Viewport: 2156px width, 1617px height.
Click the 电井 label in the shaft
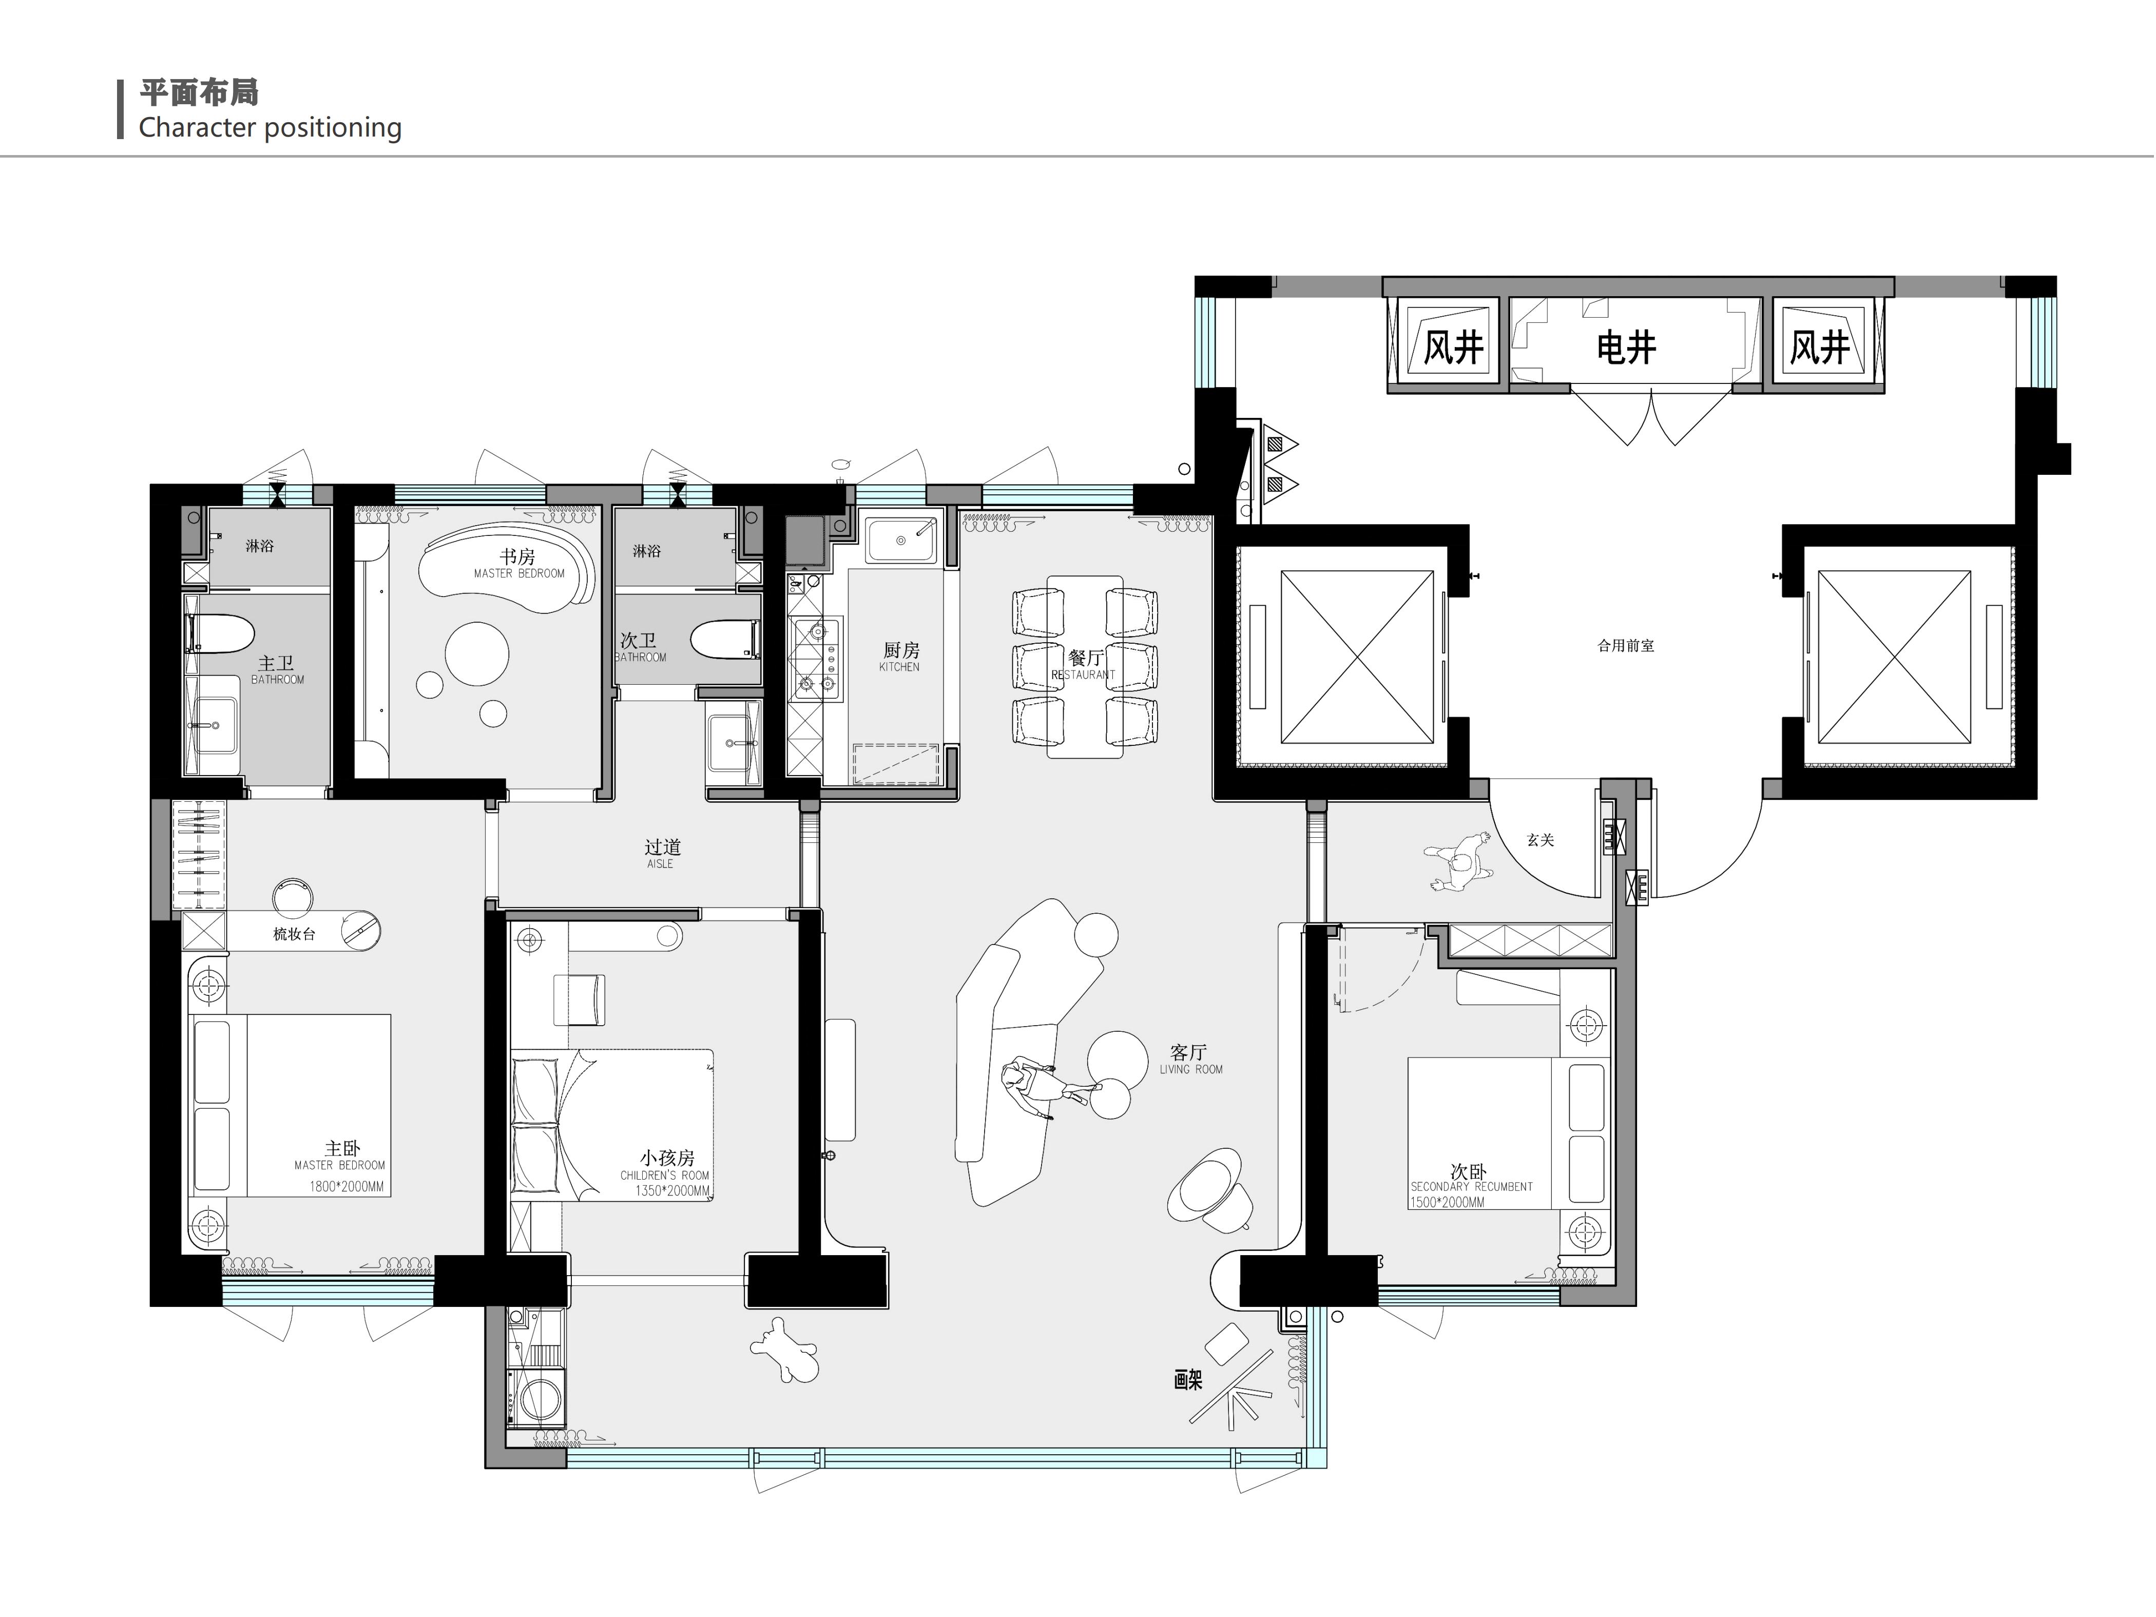1626,347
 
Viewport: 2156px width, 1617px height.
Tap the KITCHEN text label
899,667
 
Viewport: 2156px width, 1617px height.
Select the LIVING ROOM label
1190,1069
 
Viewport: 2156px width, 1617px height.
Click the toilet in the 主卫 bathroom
220,633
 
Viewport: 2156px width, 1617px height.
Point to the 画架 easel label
1188,1380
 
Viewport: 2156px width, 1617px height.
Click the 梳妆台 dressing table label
294,934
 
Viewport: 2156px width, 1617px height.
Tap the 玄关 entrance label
1540,839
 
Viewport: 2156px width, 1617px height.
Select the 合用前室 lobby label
1626,645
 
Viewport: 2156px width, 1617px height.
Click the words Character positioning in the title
270,128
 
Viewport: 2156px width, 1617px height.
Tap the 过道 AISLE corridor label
662,853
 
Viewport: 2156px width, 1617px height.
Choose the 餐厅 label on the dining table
1085,659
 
